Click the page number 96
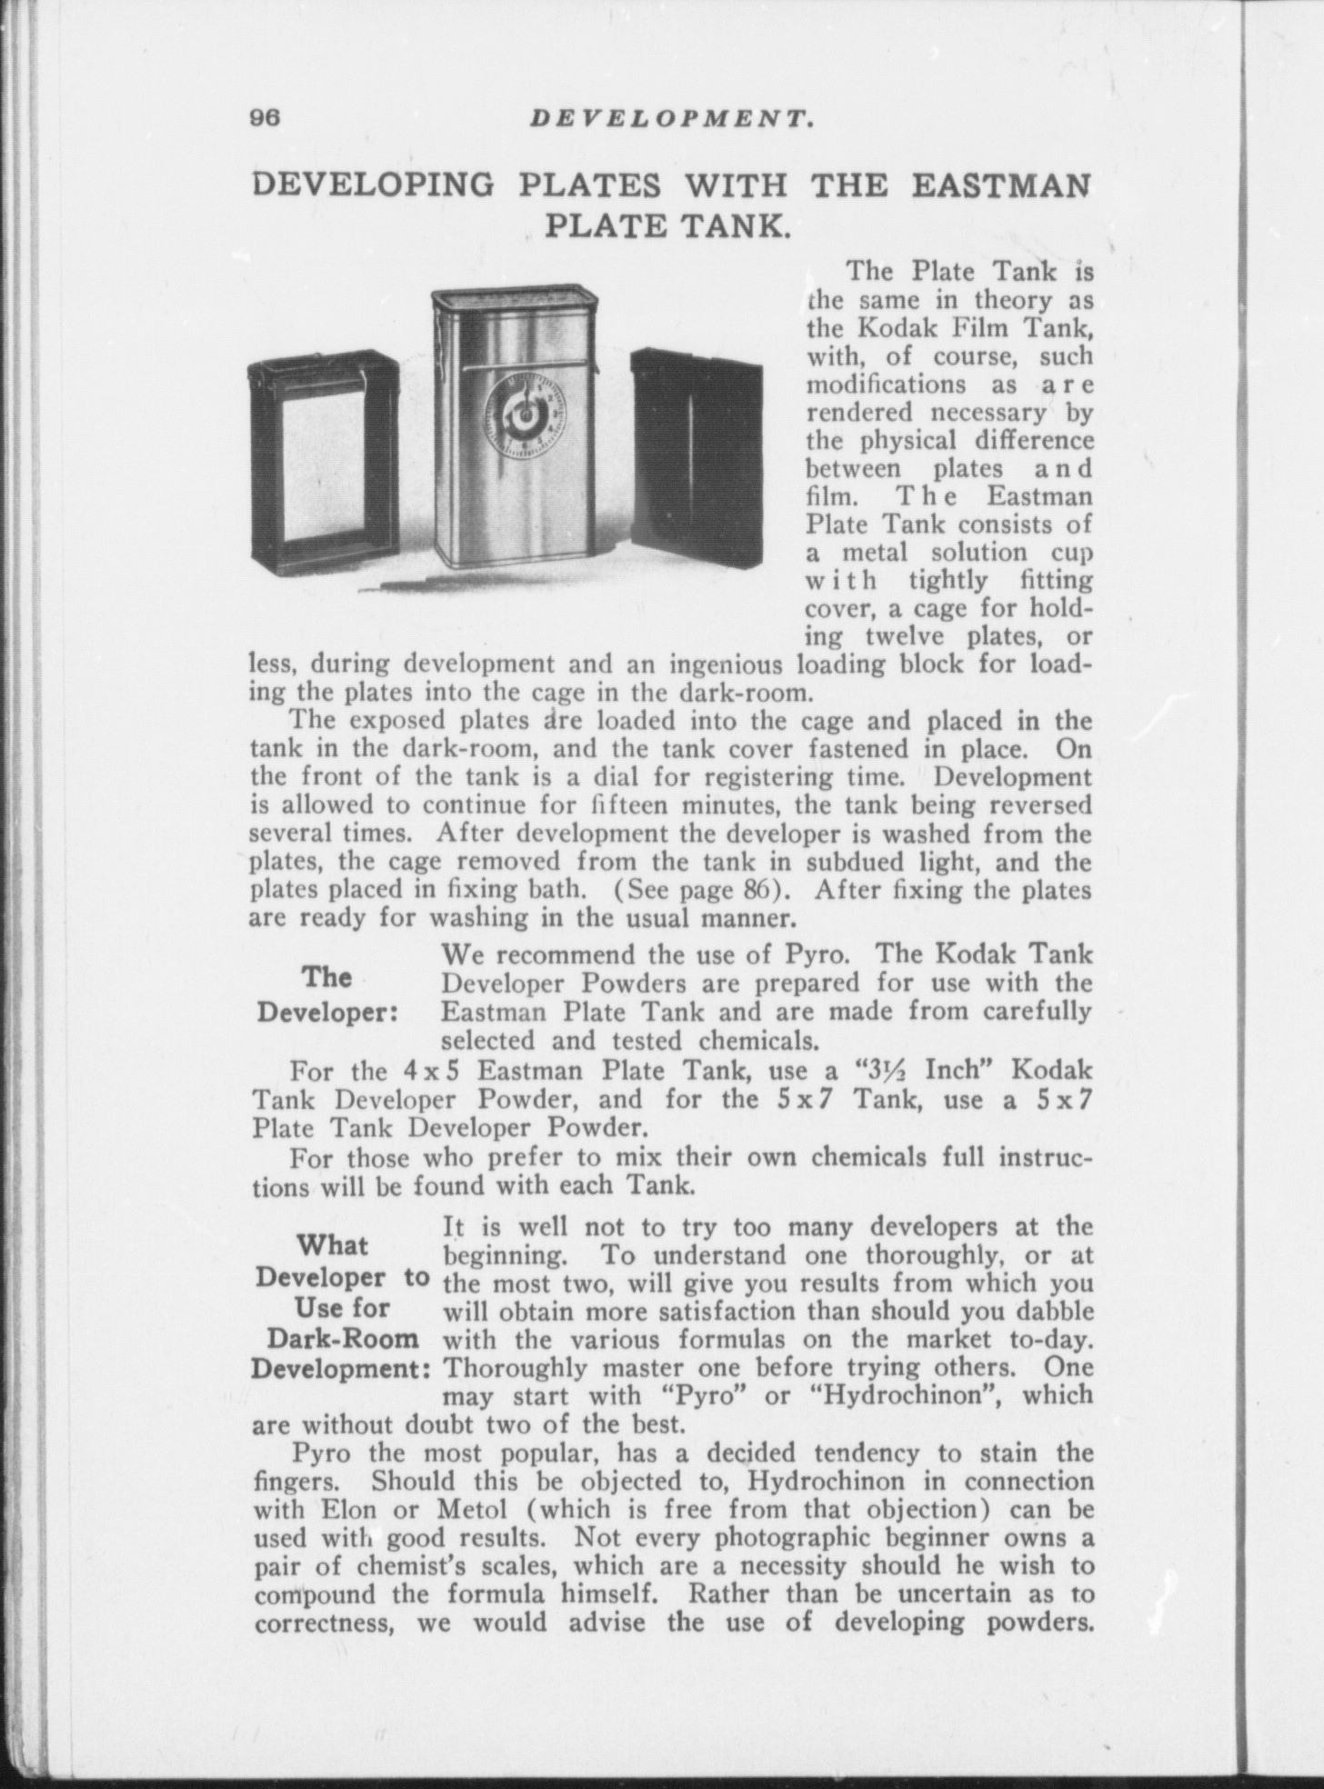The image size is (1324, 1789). pyautogui.click(x=267, y=119)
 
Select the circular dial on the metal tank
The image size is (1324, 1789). pyautogui.click(x=523, y=415)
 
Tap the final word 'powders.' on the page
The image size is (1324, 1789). pyautogui.click(x=1038, y=1622)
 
